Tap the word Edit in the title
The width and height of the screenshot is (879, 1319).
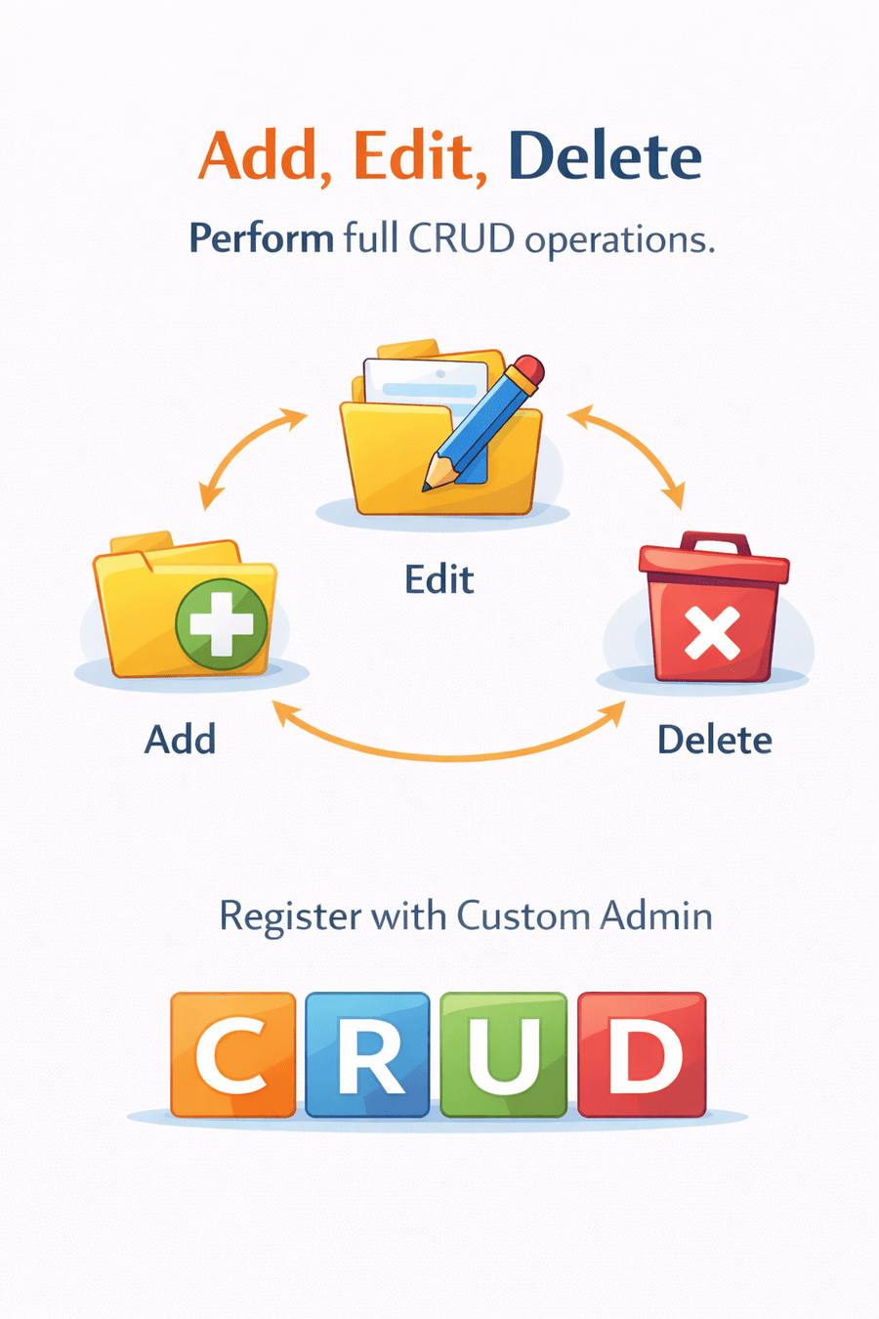[x=419, y=156]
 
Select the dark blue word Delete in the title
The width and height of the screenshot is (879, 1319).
[x=605, y=156]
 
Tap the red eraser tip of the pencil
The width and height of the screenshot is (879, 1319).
[x=528, y=370]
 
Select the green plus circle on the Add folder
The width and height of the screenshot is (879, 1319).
[x=222, y=624]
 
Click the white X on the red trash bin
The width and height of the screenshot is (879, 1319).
[x=712, y=633]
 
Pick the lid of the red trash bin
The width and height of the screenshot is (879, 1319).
[x=714, y=562]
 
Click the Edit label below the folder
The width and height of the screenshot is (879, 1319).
[x=439, y=579]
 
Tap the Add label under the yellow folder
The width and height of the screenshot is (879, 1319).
[x=180, y=740]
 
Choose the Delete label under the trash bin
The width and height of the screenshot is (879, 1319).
[x=714, y=740]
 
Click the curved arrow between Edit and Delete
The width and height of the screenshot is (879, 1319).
[x=630, y=451]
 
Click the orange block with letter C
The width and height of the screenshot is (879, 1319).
[x=232, y=1054]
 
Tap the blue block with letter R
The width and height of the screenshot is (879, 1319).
[x=367, y=1054]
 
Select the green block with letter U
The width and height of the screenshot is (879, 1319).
[x=503, y=1054]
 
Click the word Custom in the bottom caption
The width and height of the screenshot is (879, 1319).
[x=523, y=916]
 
